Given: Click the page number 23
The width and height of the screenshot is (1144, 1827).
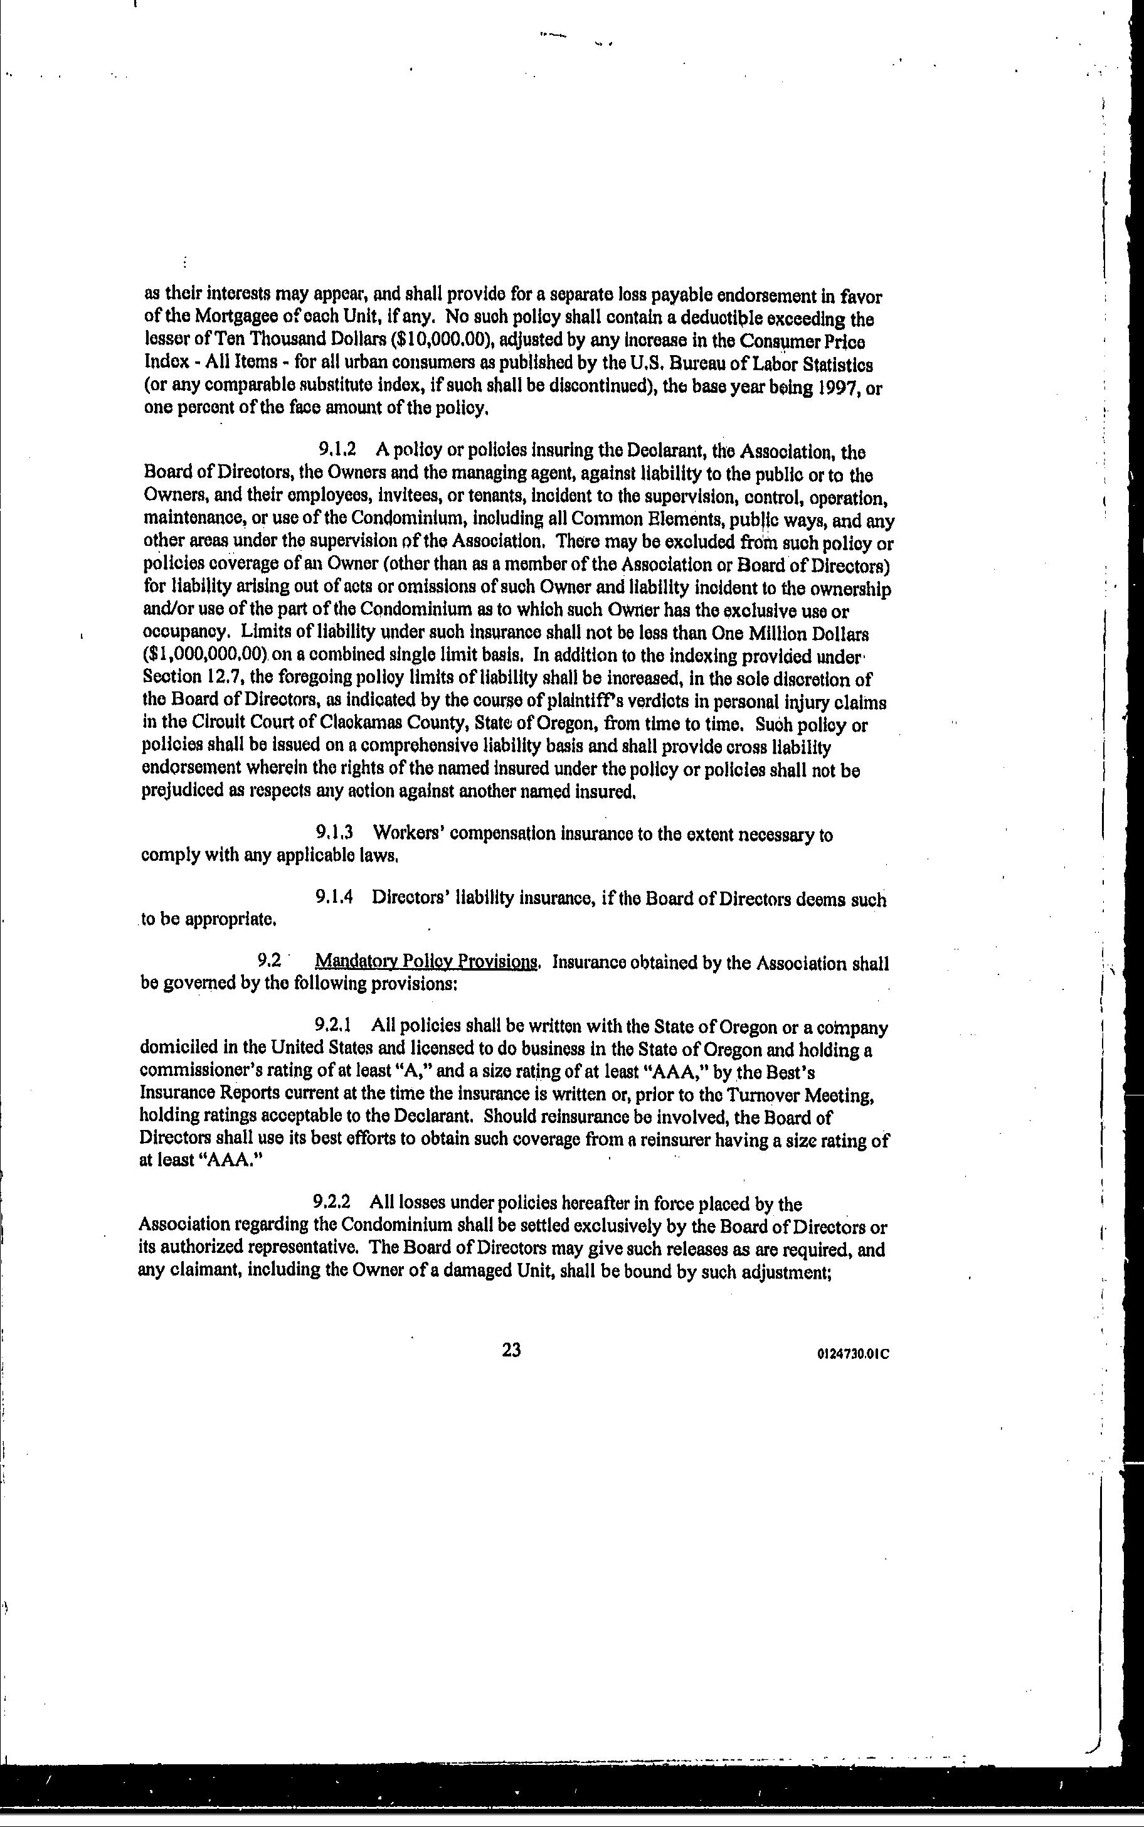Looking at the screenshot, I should coord(511,1350).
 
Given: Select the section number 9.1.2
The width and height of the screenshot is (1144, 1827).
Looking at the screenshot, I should coord(337,450).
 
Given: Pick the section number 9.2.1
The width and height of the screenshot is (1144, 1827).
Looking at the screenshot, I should coord(334,1026).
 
